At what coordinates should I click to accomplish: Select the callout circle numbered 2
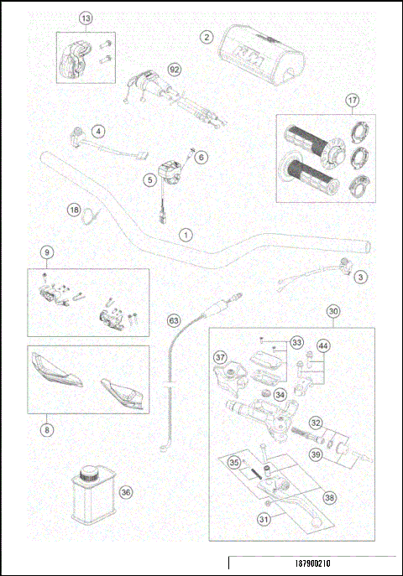click(205, 36)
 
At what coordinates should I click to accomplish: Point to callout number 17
click(353, 101)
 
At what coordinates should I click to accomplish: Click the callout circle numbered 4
click(99, 131)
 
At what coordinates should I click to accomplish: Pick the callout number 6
click(201, 157)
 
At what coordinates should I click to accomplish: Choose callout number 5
click(149, 179)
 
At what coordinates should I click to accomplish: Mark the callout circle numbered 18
click(74, 210)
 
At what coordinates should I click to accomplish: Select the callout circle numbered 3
click(360, 276)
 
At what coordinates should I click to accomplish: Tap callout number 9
click(47, 252)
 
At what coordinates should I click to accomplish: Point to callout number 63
click(174, 319)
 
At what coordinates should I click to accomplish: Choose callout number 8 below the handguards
click(47, 431)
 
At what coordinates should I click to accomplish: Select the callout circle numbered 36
click(125, 492)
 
